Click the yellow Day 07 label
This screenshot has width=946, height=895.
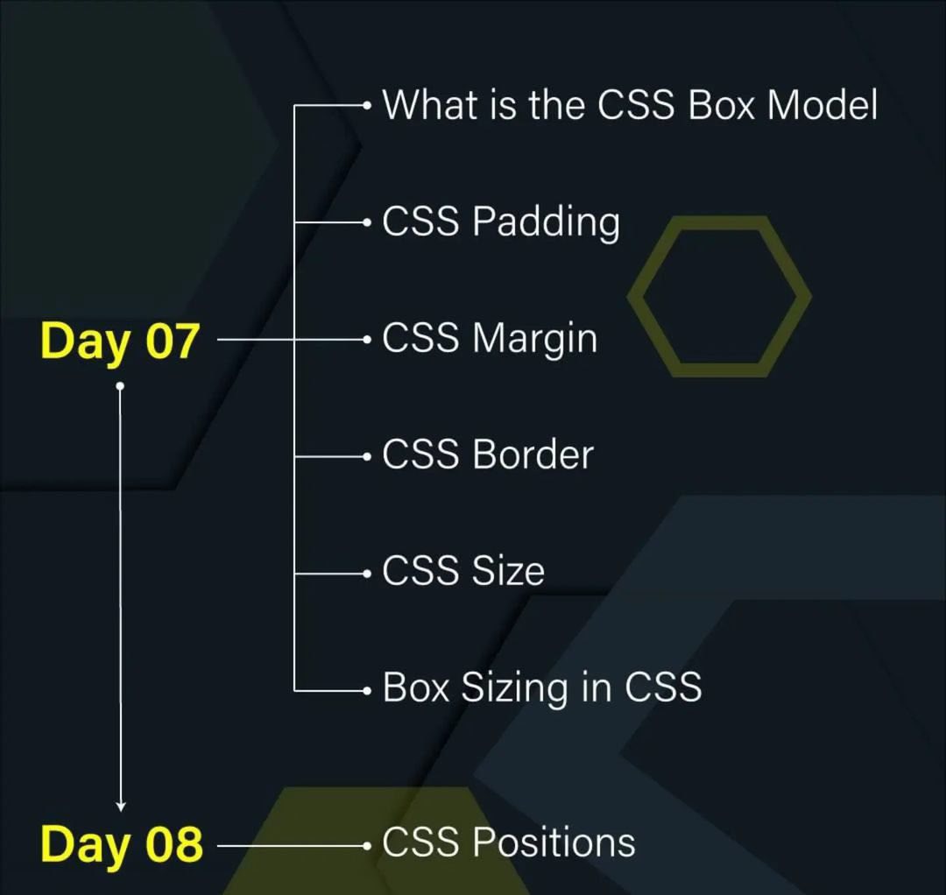pos(120,341)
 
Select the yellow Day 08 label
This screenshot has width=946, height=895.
pos(121,844)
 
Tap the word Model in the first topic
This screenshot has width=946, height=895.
pos(822,105)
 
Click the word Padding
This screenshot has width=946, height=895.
pos(546,222)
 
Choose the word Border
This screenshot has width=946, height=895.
pos(533,455)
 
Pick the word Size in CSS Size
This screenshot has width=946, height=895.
pos(508,572)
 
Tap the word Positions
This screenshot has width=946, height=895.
pos(554,843)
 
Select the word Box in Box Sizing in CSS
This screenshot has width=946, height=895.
pos(415,688)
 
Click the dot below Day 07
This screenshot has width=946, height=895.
pos(121,385)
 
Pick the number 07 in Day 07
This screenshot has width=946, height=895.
pos(172,341)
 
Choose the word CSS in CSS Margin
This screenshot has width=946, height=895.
pos(420,340)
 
